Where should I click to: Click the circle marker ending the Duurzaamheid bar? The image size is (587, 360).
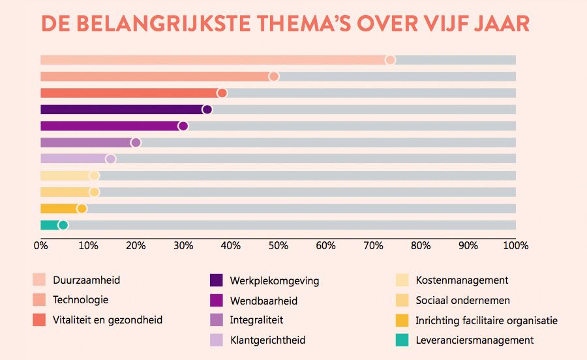390,60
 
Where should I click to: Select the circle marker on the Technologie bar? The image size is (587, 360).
274,76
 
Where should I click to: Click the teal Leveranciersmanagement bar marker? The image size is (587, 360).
63,225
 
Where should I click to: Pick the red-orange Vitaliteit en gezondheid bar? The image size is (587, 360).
130,93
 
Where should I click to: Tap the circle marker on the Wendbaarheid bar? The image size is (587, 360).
183,126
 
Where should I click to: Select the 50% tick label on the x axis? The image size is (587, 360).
278,246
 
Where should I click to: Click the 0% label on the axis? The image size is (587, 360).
40,246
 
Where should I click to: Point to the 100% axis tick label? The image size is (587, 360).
515,246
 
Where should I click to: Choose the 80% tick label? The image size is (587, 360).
421,246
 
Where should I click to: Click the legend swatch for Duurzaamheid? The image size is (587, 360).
39,280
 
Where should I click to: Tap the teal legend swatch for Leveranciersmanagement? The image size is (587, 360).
402,340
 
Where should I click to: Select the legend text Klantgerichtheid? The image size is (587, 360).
267,340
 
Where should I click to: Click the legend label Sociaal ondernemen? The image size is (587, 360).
462,301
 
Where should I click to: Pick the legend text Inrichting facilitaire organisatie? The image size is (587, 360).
486,320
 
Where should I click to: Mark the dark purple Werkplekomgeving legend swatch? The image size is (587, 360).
216,280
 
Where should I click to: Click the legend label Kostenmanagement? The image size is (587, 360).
461,280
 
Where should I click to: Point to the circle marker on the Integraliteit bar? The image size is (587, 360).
136,143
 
